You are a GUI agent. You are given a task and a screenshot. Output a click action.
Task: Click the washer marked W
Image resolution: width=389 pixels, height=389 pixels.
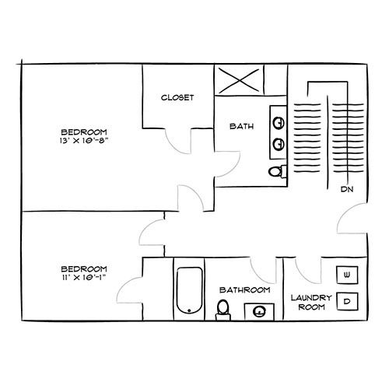click(x=347, y=275)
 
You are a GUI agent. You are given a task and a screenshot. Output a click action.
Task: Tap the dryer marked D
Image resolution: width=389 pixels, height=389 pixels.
click(x=347, y=300)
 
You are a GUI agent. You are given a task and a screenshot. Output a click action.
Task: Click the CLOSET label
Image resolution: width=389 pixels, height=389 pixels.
click(x=177, y=97)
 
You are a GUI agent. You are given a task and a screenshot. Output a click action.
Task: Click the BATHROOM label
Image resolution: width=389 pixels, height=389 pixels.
click(x=244, y=289)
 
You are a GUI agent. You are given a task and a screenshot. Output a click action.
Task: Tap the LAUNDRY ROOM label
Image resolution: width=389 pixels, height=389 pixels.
click(x=311, y=303)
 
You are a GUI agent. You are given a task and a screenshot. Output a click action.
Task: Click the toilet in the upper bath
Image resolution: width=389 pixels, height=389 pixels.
click(x=275, y=170)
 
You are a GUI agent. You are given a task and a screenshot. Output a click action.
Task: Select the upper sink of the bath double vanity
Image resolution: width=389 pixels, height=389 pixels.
click(x=279, y=122)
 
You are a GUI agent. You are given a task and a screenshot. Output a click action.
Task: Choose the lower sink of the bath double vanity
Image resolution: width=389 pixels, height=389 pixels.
click(x=279, y=143)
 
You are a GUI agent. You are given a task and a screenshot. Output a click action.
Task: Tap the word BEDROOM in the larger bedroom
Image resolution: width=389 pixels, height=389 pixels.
click(x=84, y=131)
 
